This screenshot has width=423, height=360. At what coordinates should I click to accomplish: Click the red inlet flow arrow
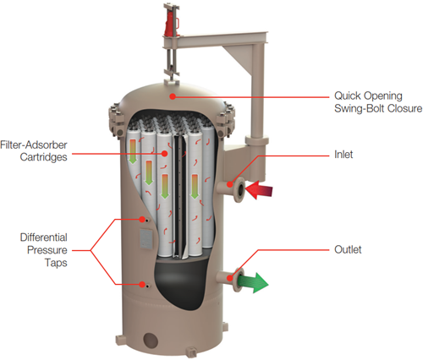coord(259,190)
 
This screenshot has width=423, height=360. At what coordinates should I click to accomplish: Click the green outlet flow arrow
coord(253,282)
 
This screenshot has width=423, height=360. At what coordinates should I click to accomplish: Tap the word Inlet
coord(343,155)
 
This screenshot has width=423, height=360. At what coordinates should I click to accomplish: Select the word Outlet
coord(348,249)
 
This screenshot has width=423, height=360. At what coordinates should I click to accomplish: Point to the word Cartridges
coord(44,157)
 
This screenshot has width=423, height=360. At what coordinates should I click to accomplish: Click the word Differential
coord(44,237)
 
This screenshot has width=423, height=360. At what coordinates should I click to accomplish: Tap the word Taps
coord(56,263)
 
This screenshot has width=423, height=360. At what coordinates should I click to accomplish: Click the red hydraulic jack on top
coord(171,24)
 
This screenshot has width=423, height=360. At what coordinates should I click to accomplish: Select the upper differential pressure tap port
coord(146,221)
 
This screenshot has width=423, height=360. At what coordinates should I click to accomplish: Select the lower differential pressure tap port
coord(147,286)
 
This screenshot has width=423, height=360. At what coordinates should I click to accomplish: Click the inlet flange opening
coord(240,189)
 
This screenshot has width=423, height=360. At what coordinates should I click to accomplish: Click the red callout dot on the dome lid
coord(173,96)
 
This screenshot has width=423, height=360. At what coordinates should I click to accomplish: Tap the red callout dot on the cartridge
coord(165,154)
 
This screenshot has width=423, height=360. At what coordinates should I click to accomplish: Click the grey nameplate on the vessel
coord(146,238)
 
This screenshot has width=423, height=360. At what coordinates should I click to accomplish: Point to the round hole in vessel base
coord(150,340)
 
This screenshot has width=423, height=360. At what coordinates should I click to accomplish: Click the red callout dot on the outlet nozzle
coord(230,278)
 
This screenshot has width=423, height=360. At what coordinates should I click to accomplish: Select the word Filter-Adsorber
coord(34,145)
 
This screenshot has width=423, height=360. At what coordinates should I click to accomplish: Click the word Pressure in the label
coord(47,250)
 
